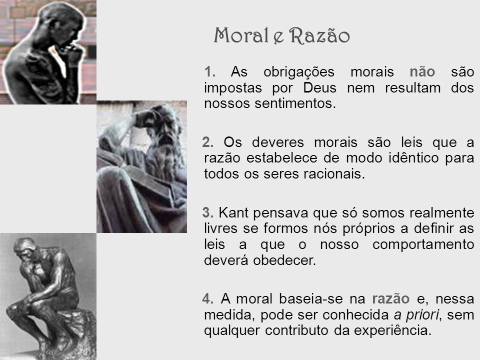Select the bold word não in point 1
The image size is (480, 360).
click(x=422, y=71)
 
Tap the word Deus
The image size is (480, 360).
click(x=320, y=88)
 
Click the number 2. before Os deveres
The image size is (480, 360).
click(x=208, y=142)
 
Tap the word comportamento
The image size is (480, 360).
click(x=423, y=244)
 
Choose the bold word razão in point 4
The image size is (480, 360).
click(x=391, y=299)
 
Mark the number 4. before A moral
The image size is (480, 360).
click(x=208, y=299)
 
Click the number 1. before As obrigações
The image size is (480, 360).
click(x=210, y=72)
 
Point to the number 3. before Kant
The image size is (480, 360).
click(x=208, y=213)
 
